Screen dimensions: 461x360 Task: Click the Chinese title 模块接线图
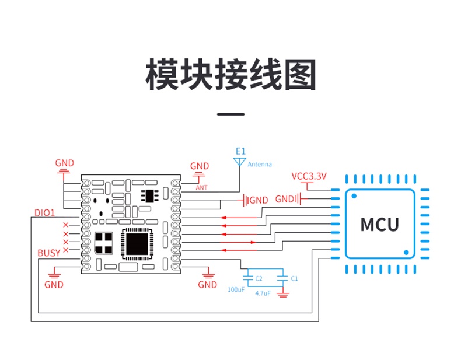(x=231, y=74)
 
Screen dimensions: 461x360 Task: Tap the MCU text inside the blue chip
(x=379, y=225)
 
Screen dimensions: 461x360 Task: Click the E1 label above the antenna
(x=240, y=151)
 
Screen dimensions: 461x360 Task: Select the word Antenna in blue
(x=260, y=165)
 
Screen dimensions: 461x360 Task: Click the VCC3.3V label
(x=309, y=176)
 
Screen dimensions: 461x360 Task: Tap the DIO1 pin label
(x=45, y=213)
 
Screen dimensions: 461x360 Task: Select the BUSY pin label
(x=49, y=253)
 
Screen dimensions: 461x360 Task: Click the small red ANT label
(x=202, y=187)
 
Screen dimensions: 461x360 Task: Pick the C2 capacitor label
(x=259, y=278)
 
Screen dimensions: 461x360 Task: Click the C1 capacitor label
(x=294, y=278)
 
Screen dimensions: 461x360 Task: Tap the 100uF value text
(x=236, y=290)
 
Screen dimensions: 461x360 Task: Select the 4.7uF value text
(x=263, y=293)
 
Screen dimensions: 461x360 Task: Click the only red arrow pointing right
(x=238, y=243)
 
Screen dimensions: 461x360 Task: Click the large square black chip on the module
(x=137, y=244)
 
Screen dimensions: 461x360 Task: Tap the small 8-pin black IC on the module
(x=149, y=195)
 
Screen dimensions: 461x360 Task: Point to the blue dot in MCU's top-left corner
(x=354, y=196)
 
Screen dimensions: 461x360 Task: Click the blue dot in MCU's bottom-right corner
(x=406, y=253)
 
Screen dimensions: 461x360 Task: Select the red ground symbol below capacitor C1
(x=282, y=295)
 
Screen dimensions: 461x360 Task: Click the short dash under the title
(x=231, y=114)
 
